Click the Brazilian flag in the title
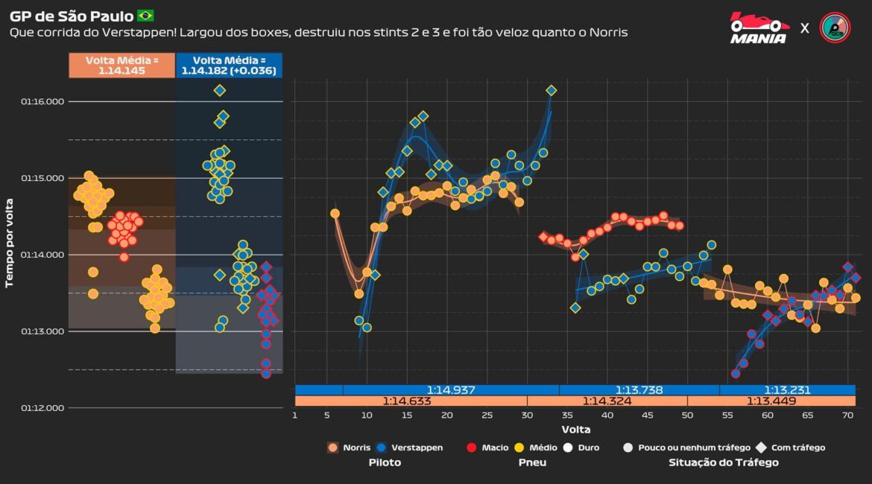tap(145, 16)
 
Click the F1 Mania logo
tap(759, 28)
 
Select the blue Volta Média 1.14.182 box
tap(229, 66)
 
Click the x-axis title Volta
tap(575, 430)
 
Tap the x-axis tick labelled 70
tap(847, 416)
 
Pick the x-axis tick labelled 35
tap(567, 416)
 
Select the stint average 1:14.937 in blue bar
tap(450, 389)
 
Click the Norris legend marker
tap(333, 448)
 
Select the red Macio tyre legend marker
tap(471, 448)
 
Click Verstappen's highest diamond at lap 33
tap(552, 90)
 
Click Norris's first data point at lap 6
tap(335, 214)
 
